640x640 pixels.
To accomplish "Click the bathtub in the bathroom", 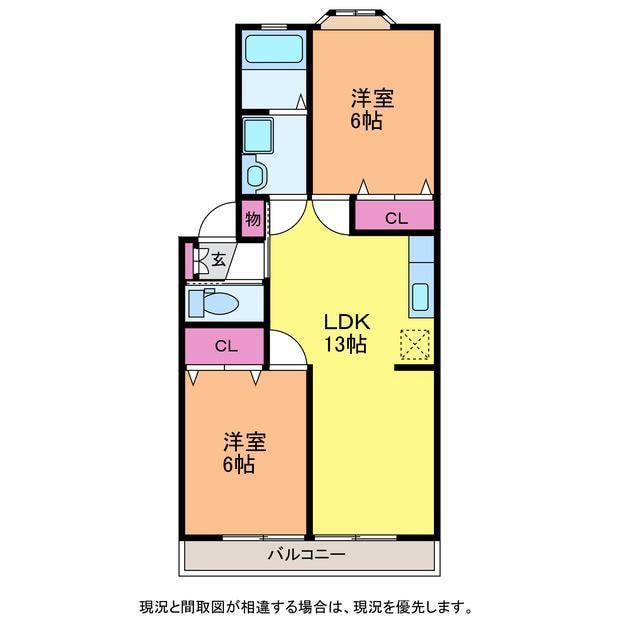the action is pos(274,50).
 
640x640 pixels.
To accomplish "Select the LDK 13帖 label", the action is pos(347,333).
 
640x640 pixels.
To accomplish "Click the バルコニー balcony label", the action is pos(307,555).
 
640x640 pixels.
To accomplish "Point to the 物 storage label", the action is pos(253,219).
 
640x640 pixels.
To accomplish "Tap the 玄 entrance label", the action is pos(218,259).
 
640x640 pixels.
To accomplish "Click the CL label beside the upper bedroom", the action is pos(396,219).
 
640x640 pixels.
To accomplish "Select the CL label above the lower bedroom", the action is pos(226,347).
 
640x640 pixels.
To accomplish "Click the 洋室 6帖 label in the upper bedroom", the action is pos(372,109).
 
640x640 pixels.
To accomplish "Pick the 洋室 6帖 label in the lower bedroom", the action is pos(244,453).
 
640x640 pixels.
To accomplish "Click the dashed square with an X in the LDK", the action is pos(415,345).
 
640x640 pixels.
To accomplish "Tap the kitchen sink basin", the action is pos(420,297).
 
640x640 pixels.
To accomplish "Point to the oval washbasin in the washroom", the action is pos(255,176).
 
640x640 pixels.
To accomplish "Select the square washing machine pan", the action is pos(258,136).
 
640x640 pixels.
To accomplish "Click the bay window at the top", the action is pos(356,19).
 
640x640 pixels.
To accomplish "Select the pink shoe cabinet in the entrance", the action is pos(189,261).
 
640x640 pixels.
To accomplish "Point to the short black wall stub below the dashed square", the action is pos(414,368).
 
